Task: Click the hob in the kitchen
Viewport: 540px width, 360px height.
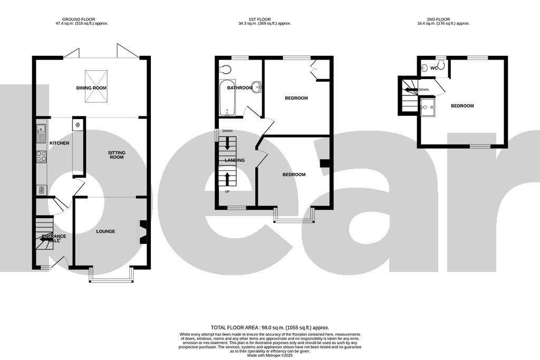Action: [x=41, y=157]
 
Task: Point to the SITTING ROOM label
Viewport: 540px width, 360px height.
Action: [x=117, y=154]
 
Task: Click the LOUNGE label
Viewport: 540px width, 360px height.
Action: [x=105, y=231]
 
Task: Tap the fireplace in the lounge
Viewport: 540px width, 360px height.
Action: [x=142, y=232]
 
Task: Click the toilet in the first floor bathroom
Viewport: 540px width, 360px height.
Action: [x=225, y=69]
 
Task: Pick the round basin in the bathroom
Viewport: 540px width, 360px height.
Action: [x=257, y=87]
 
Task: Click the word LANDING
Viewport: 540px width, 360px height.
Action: [x=234, y=160]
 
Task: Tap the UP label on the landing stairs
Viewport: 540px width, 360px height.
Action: [x=227, y=191]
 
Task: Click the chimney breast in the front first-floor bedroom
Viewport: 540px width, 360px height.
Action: [x=325, y=163]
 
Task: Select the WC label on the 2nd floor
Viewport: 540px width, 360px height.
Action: [x=434, y=68]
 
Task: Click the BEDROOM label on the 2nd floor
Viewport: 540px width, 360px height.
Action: [x=462, y=106]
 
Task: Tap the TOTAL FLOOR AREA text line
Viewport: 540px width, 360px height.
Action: [x=269, y=327]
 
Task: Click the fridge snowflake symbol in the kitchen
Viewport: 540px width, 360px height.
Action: [x=78, y=125]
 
